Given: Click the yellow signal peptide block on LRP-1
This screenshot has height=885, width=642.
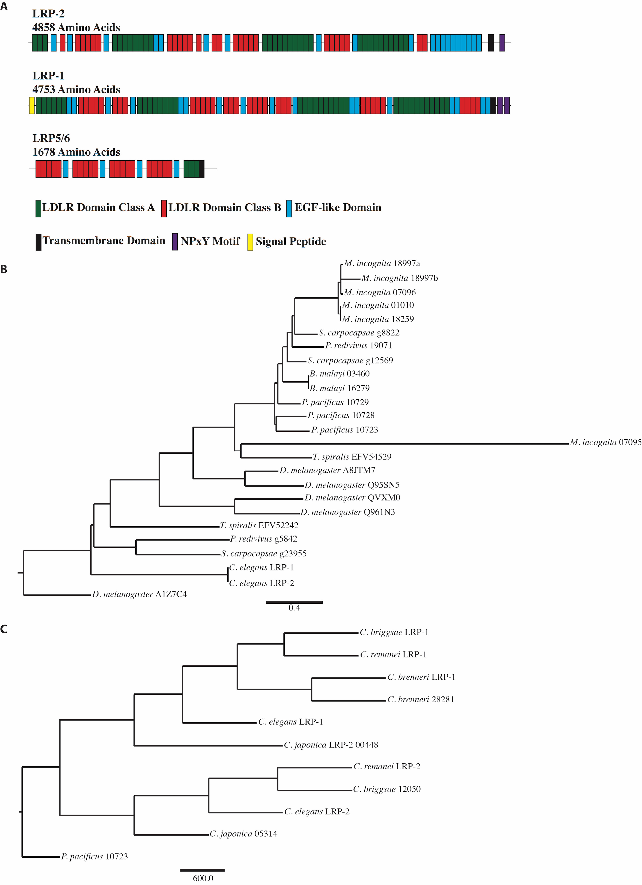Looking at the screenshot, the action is (x=32, y=106).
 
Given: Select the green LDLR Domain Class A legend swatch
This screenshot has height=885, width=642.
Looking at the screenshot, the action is (x=38, y=208).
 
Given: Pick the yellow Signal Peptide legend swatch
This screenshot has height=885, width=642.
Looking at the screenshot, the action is (x=250, y=242).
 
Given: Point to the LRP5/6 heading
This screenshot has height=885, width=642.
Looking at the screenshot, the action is (x=51, y=138).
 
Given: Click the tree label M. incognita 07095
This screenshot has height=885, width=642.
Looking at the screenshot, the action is (x=606, y=442).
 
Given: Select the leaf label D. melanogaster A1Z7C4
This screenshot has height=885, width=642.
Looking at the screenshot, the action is (x=140, y=594).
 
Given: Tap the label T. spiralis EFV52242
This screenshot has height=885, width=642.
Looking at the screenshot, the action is (x=259, y=525).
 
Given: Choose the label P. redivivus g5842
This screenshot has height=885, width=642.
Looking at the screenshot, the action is (x=264, y=539).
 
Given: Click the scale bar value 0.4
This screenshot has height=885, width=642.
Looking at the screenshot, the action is (x=294, y=608).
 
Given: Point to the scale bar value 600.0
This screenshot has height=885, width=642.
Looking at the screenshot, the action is (x=203, y=878).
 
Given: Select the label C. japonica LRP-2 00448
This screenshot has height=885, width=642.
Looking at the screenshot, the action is (x=331, y=745).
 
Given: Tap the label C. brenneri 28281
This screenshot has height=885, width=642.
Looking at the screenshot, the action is (x=421, y=700).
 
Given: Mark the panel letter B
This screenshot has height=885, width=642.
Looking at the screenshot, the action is (x=4, y=269).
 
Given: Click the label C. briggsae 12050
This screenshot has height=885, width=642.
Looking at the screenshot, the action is (x=387, y=789).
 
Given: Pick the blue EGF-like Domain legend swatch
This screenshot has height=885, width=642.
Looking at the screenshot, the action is (x=289, y=208).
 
